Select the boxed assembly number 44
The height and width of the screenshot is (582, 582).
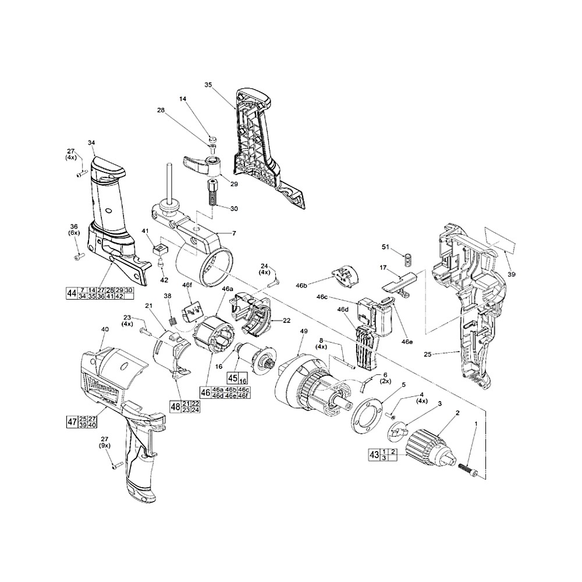pyautogui.click(x=72, y=293)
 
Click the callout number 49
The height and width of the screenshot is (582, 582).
pyautogui.click(x=303, y=331)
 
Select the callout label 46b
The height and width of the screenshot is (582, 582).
pyautogui.click(x=301, y=285)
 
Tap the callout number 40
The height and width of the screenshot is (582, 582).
pyautogui.click(x=105, y=329)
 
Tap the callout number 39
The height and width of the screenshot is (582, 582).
pyautogui.click(x=511, y=274)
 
